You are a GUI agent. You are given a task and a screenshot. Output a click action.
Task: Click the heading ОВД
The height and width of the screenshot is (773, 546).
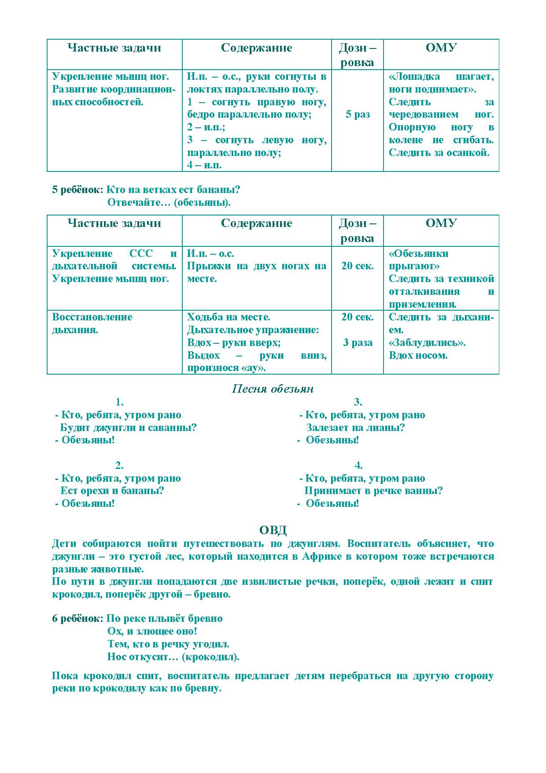[273, 530]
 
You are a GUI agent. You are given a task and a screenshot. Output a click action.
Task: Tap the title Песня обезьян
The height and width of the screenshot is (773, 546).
[273, 389]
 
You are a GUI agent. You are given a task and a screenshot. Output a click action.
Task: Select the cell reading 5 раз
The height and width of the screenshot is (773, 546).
[357, 115]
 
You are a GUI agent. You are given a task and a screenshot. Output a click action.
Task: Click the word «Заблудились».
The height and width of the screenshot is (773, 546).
[427, 342]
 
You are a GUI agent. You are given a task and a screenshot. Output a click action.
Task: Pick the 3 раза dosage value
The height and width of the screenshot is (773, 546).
[357, 342]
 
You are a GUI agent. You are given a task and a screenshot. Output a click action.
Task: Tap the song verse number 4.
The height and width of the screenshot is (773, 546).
[358, 465]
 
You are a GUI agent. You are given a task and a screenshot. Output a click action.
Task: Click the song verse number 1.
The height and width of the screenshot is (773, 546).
[119, 402]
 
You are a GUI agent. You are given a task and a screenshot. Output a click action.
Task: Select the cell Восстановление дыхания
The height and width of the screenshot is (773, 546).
[92, 323]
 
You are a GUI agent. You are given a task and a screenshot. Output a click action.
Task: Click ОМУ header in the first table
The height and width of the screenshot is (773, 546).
[441, 48]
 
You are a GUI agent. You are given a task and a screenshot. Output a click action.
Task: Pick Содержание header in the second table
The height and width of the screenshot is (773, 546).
[256, 223]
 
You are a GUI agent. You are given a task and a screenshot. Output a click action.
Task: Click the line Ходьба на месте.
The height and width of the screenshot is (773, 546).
[229, 317]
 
